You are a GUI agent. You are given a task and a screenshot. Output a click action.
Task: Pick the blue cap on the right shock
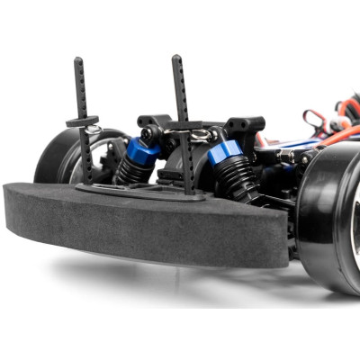tap(224, 152)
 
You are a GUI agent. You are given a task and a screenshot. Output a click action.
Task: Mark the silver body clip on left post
tap(93, 130)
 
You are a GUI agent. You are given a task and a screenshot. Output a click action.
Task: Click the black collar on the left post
tap(82, 120)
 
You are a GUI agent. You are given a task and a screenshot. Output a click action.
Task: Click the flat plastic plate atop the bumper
tap(135, 190)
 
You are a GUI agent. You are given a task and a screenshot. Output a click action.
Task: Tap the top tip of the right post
tap(175, 59)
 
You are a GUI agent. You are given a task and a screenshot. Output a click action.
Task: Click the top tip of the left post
tap(77, 61)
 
